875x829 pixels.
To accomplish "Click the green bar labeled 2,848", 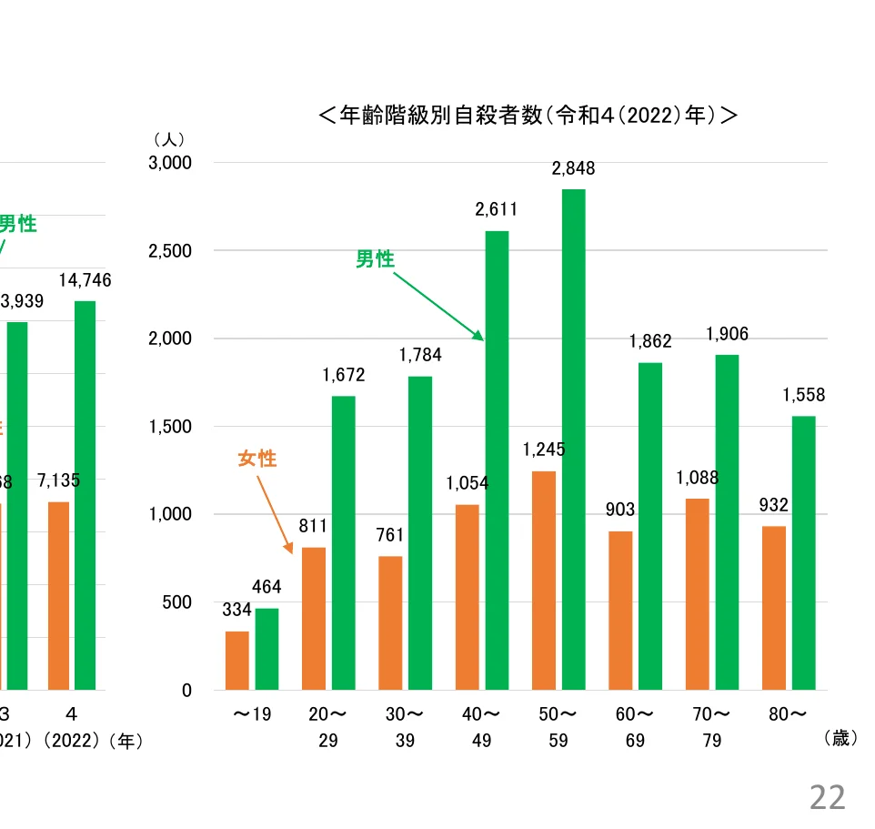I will tap(573, 440).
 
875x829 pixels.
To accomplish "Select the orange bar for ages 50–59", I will tap(543, 581).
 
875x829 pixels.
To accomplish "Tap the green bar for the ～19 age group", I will tap(267, 649).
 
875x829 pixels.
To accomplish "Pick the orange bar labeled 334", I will tap(236, 661).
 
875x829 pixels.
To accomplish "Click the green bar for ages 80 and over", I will tap(803, 552).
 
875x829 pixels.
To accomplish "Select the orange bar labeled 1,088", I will tap(697, 594).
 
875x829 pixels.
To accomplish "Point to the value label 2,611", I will tap(496, 209).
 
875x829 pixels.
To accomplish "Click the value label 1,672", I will tap(343, 375).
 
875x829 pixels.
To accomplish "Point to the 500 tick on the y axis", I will tap(179, 602).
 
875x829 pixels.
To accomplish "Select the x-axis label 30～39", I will tap(405, 727).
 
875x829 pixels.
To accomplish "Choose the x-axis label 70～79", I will tap(711, 727).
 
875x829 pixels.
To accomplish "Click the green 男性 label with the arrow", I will tap(375, 259).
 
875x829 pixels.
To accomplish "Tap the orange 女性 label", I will tap(256, 459).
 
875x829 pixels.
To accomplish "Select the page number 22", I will tap(827, 797).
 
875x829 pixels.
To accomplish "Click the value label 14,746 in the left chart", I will tap(85, 280).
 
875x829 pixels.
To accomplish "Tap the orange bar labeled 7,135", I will tap(59, 595).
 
